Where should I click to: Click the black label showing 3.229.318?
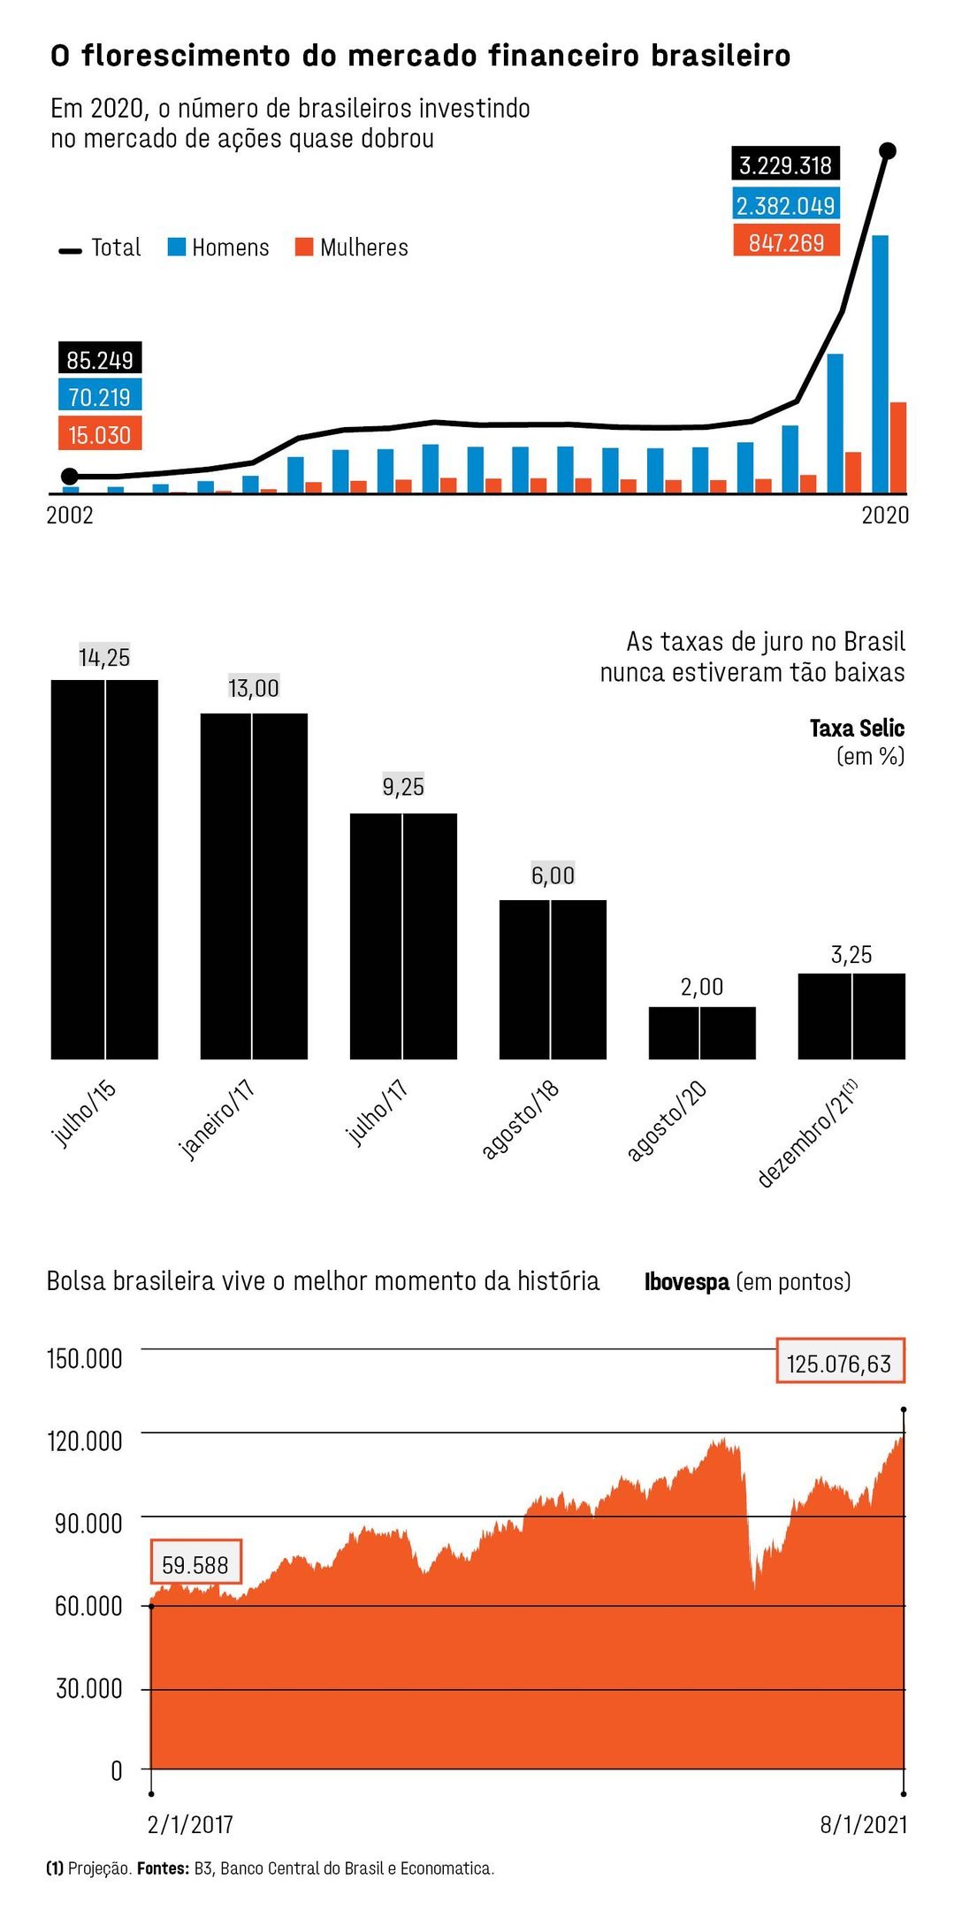point(786,164)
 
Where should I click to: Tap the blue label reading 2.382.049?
point(786,205)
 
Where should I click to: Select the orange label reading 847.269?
point(786,241)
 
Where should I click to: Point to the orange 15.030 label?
point(100,434)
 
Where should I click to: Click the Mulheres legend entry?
point(352,248)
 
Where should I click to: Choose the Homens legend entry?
point(218,248)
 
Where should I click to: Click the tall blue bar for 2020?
point(880,363)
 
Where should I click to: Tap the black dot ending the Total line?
point(889,151)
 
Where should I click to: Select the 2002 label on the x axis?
point(70,515)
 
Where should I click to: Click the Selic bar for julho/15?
point(104,869)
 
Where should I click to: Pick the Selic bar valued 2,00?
point(702,1033)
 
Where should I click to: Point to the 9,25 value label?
point(403,786)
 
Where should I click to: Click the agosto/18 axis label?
point(521,1119)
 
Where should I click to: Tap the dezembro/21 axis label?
point(807,1133)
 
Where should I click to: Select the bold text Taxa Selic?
point(857,728)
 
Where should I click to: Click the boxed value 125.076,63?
point(840,1364)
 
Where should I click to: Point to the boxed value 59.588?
point(195,1565)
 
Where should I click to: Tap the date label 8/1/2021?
point(864,1824)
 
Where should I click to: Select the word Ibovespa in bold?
point(687,1281)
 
